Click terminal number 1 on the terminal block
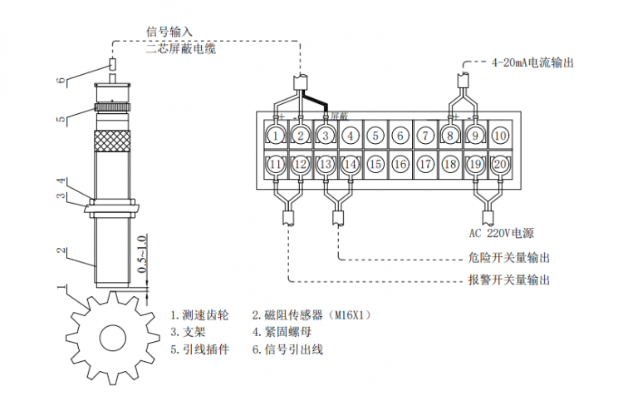click(x=277, y=135)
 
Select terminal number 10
click(x=500, y=135)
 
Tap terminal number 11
click(x=277, y=165)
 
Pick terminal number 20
click(x=500, y=165)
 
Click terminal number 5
click(x=376, y=135)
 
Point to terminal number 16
click(x=400, y=165)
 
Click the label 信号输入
click(x=169, y=32)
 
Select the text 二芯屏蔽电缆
click(x=180, y=49)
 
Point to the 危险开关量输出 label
click(x=503, y=259)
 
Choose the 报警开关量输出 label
click(x=503, y=280)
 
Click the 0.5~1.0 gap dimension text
click(x=143, y=260)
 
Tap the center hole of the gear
click(x=111, y=337)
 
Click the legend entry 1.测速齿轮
click(x=199, y=315)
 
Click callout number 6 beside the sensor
click(x=60, y=81)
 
